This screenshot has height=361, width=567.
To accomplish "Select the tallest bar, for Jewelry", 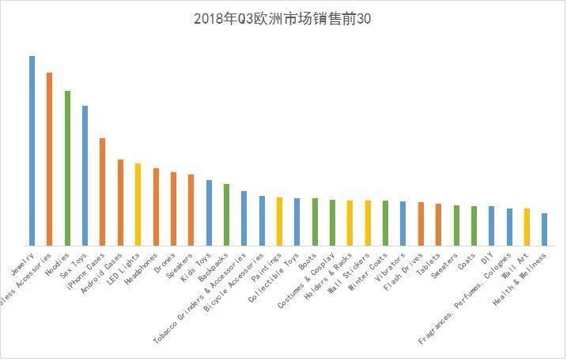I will [x=32, y=150].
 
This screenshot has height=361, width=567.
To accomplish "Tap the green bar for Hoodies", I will [x=67, y=167].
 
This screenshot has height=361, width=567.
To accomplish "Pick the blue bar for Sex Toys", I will [x=85, y=175].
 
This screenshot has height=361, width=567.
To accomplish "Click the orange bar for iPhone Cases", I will [x=102, y=191].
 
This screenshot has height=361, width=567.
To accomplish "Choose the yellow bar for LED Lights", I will [x=138, y=204].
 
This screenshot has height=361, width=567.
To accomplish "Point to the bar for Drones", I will [x=173, y=209].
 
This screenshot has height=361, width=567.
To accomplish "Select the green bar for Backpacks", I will [x=226, y=215].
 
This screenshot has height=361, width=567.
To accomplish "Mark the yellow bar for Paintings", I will [x=279, y=221].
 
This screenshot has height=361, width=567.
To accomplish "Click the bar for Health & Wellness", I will [x=544, y=229].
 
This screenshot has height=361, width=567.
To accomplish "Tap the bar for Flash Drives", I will [x=421, y=224].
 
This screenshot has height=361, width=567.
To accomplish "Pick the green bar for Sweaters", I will [x=456, y=225].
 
